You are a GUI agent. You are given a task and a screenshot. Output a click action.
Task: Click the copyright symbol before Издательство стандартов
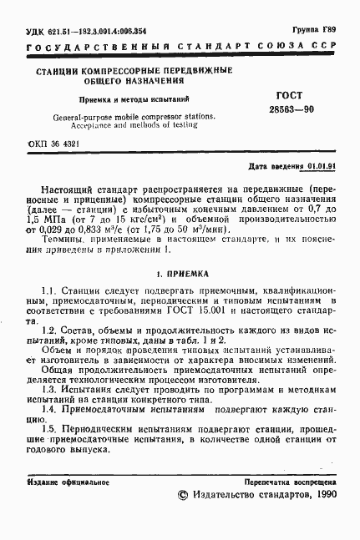click(x=185, y=495)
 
